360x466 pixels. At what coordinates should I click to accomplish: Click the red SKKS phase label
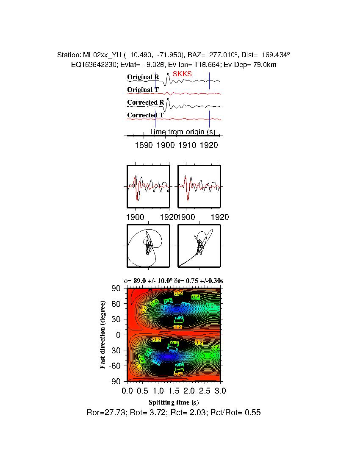(182, 74)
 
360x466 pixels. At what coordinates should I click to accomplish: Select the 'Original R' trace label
(143, 77)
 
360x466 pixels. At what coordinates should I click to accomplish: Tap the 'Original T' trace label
(143, 90)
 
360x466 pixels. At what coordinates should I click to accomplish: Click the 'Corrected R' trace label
(145, 103)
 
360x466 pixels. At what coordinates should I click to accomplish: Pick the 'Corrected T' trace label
(145, 115)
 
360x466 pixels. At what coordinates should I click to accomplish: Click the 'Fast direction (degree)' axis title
(103, 335)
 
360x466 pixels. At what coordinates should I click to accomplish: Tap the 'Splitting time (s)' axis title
(174, 402)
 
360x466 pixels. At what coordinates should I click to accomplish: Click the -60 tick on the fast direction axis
(116, 366)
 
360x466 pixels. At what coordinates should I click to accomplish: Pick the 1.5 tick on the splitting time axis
(174, 390)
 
